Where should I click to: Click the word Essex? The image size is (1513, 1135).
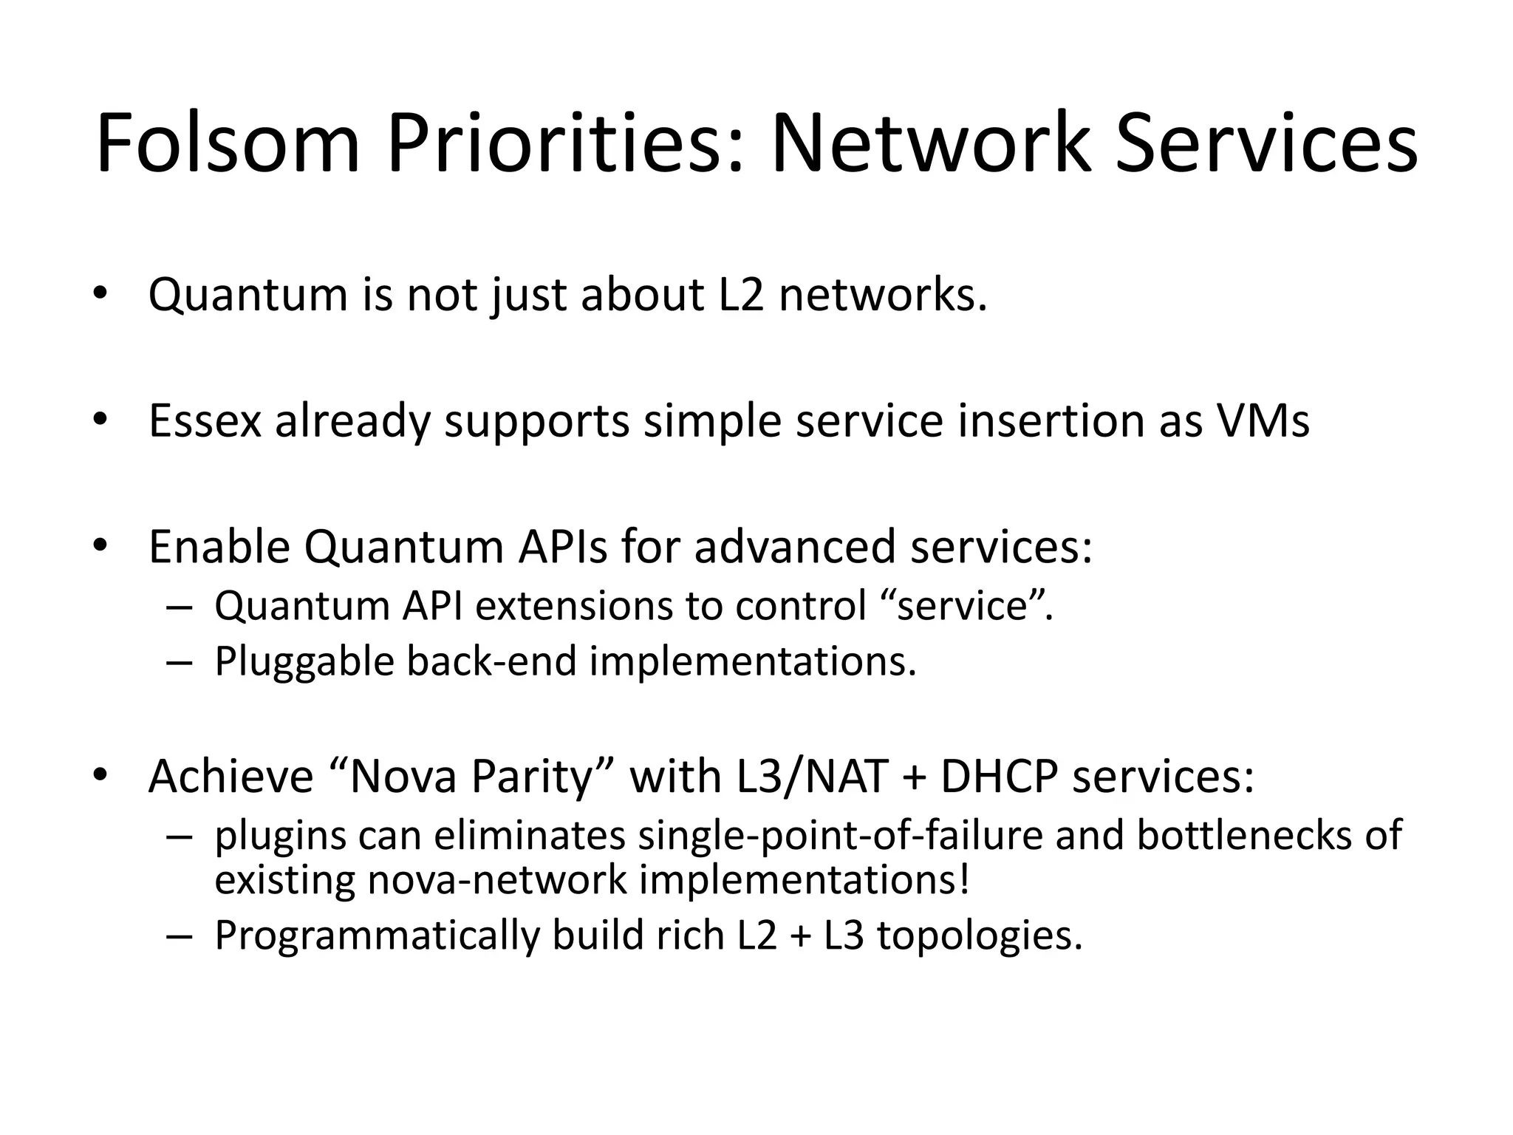coord(205,420)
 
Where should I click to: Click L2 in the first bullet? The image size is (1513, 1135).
coord(741,295)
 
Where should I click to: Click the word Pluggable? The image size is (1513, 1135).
coord(304,661)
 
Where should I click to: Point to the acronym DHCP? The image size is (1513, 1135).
coord(999,777)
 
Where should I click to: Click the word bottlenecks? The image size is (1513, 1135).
coord(1238,836)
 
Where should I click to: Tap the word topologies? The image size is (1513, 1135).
coord(979,935)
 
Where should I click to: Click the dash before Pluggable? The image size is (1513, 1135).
coord(180,662)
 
